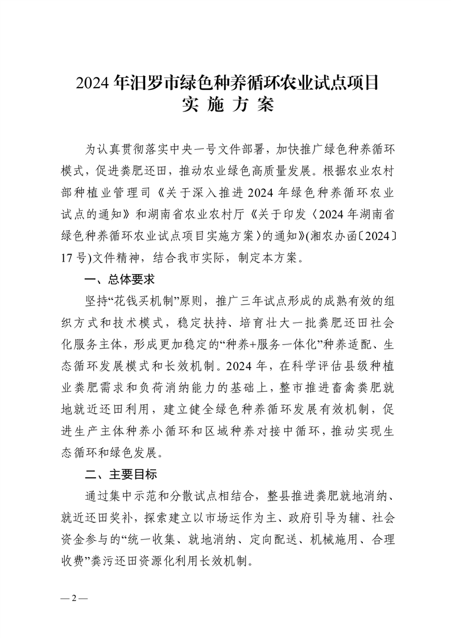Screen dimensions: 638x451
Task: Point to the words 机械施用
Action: [x=316, y=539]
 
